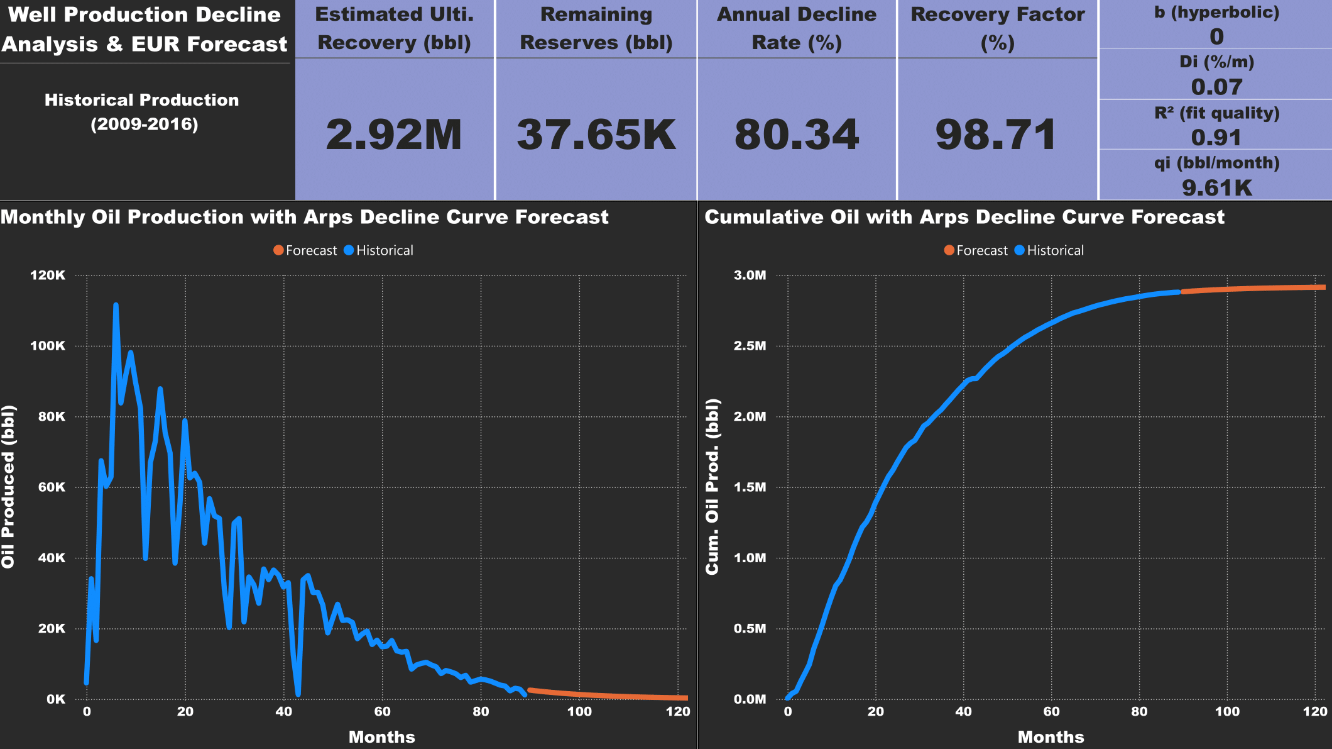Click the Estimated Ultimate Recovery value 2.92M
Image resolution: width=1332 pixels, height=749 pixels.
click(x=394, y=135)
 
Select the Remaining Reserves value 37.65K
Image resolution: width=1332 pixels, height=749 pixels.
click(x=596, y=135)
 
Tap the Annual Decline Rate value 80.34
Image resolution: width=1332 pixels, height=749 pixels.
click(x=797, y=135)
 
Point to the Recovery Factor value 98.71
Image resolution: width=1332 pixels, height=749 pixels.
click(x=996, y=135)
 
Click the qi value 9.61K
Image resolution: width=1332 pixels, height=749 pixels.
click(x=1216, y=187)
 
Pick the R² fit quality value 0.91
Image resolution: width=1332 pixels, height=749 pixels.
click(x=1216, y=137)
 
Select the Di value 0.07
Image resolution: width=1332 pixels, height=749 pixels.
click(x=1216, y=87)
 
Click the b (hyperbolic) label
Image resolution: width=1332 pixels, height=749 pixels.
click(x=1216, y=13)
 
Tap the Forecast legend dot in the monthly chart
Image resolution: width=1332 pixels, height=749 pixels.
click(x=278, y=250)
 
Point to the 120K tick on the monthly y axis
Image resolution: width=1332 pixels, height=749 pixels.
click(x=48, y=275)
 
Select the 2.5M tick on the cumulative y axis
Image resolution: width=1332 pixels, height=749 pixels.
click(x=750, y=346)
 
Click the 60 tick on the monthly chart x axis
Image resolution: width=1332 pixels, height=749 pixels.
click(x=382, y=712)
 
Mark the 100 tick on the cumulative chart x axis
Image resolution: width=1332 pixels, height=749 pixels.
click(x=1227, y=712)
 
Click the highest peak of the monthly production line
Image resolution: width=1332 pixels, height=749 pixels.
click(x=116, y=305)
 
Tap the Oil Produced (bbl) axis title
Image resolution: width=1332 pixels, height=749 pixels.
click(x=8, y=487)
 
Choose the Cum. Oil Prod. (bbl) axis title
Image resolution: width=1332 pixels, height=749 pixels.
click(x=712, y=487)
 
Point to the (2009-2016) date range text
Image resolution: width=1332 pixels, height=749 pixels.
click(x=145, y=124)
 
